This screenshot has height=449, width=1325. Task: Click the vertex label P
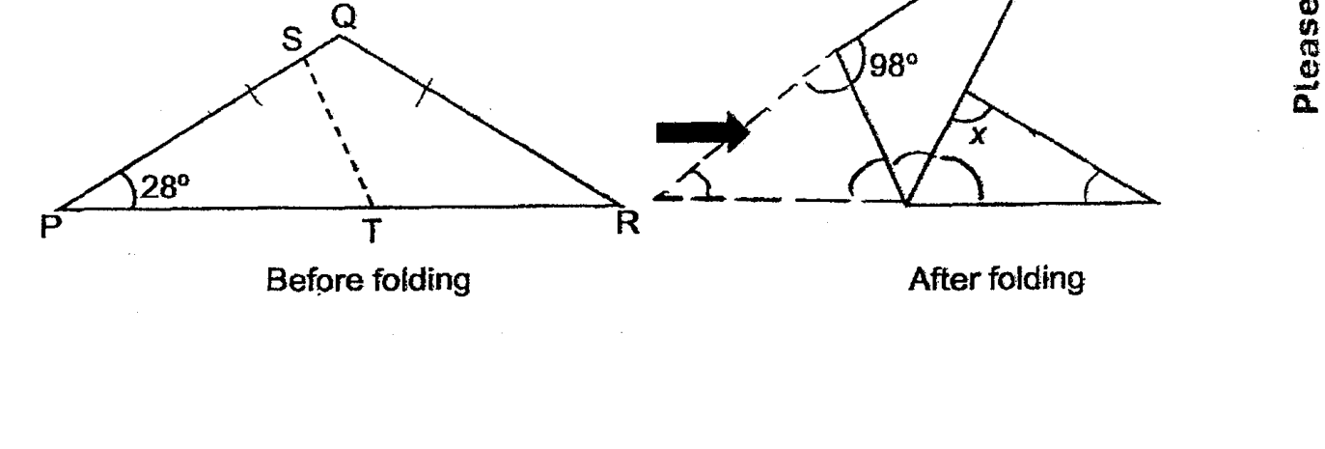pos(51,227)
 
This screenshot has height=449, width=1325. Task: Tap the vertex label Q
pos(345,17)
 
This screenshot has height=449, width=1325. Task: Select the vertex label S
pos(292,40)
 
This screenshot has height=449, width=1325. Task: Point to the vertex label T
pos(373,231)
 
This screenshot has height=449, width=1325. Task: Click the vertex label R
pos(627,224)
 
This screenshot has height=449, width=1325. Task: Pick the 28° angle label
pos(166,187)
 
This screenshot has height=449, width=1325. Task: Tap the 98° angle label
pos(894,65)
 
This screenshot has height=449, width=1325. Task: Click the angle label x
pos(979,136)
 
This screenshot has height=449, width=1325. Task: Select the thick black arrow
pos(703,132)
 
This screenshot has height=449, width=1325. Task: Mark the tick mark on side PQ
pos(255,95)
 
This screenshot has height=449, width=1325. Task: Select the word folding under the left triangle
pos(421,280)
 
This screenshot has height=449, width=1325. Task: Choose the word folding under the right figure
pos(1036,280)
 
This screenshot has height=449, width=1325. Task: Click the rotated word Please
pos(1308,56)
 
